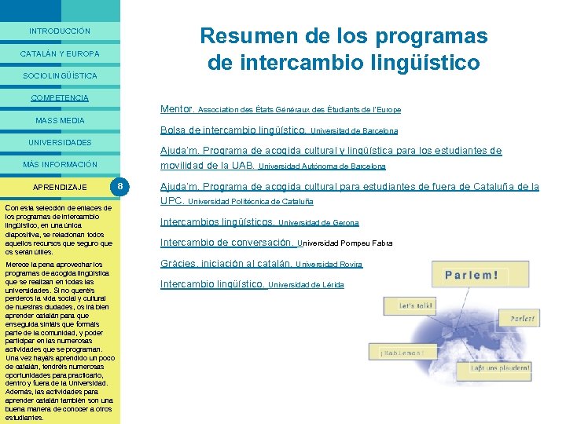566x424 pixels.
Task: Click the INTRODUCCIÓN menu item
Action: click(x=60, y=31)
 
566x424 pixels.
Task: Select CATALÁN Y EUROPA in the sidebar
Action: click(x=60, y=54)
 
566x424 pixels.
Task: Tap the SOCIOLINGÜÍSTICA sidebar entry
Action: click(x=60, y=76)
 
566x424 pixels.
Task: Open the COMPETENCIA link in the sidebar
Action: click(x=60, y=98)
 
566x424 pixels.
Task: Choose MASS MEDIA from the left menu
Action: click(x=60, y=121)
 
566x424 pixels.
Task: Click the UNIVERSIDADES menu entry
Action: click(x=60, y=143)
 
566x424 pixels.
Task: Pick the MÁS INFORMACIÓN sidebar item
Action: click(x=60, y=165)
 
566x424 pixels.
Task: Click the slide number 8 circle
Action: click(x=119, y=187)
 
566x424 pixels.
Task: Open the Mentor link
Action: click(x=177, y=109)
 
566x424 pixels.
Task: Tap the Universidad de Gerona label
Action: click(x=318, y=223)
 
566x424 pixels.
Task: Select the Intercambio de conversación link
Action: click(x=227, y=243)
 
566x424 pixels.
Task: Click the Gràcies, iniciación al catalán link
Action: click(x=226, y=264)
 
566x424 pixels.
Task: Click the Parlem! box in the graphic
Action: click(x=471, y=276)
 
